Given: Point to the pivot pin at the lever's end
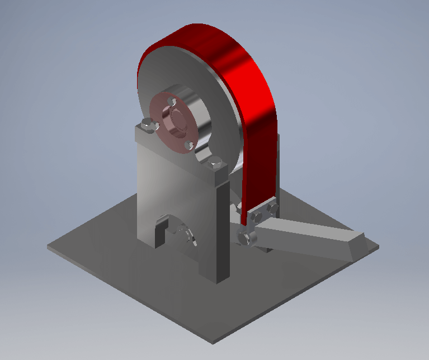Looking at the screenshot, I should coord(246,239).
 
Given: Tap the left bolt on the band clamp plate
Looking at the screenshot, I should coord(257,216).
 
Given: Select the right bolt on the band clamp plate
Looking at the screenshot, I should coord(273,208).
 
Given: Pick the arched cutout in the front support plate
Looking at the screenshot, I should coord(176,230).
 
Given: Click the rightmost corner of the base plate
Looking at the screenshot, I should coord(378,246).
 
